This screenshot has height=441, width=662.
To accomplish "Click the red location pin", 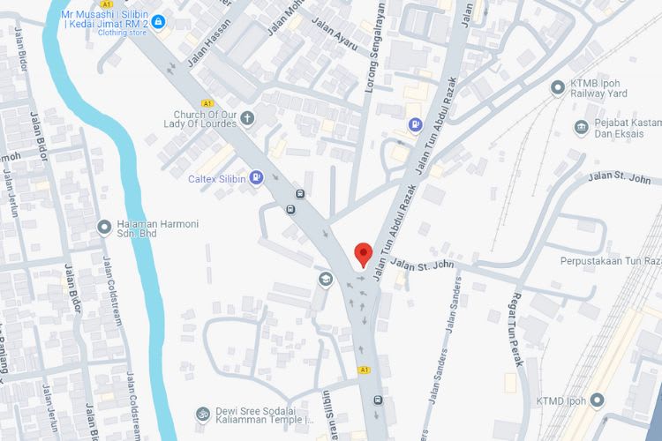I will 362,254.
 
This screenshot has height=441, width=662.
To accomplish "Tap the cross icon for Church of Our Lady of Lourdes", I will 247,117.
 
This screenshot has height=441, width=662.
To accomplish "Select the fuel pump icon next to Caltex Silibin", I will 256,177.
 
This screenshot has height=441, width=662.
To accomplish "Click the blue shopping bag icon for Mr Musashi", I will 158,21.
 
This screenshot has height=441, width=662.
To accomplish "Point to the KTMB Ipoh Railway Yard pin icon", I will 557,87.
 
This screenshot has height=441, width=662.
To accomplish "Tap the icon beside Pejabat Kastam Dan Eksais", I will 582,127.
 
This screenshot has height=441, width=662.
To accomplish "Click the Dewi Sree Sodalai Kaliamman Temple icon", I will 203,413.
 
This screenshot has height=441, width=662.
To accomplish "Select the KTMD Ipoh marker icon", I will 598,401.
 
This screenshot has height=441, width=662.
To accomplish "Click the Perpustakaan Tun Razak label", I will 610,261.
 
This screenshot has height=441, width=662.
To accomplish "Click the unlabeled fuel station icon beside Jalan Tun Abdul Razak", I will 414,125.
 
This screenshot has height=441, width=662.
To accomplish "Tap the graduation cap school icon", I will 325,280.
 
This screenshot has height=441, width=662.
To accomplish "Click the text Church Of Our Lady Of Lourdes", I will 205,119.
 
